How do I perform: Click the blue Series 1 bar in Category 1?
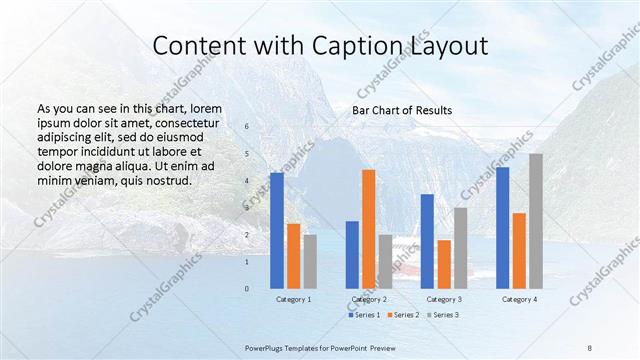pos(277,230)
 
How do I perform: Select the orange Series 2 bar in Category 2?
pos(369,228)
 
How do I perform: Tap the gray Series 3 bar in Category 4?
pos(536,220)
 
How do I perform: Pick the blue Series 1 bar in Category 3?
pos(427,240)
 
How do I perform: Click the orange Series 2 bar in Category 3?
pos(444,264)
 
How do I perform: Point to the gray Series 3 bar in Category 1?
pos(310,261)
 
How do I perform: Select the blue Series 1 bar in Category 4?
pos(502,227)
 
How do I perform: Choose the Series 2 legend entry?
pos(403,315)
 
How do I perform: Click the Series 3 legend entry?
pos(442,315)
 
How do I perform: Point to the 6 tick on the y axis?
pos(247,127)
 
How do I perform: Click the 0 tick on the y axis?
pos(247,289)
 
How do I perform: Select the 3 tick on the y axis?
pos(247,208)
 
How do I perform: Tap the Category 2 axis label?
pos(369,299)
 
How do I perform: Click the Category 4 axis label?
pos(519,299)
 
